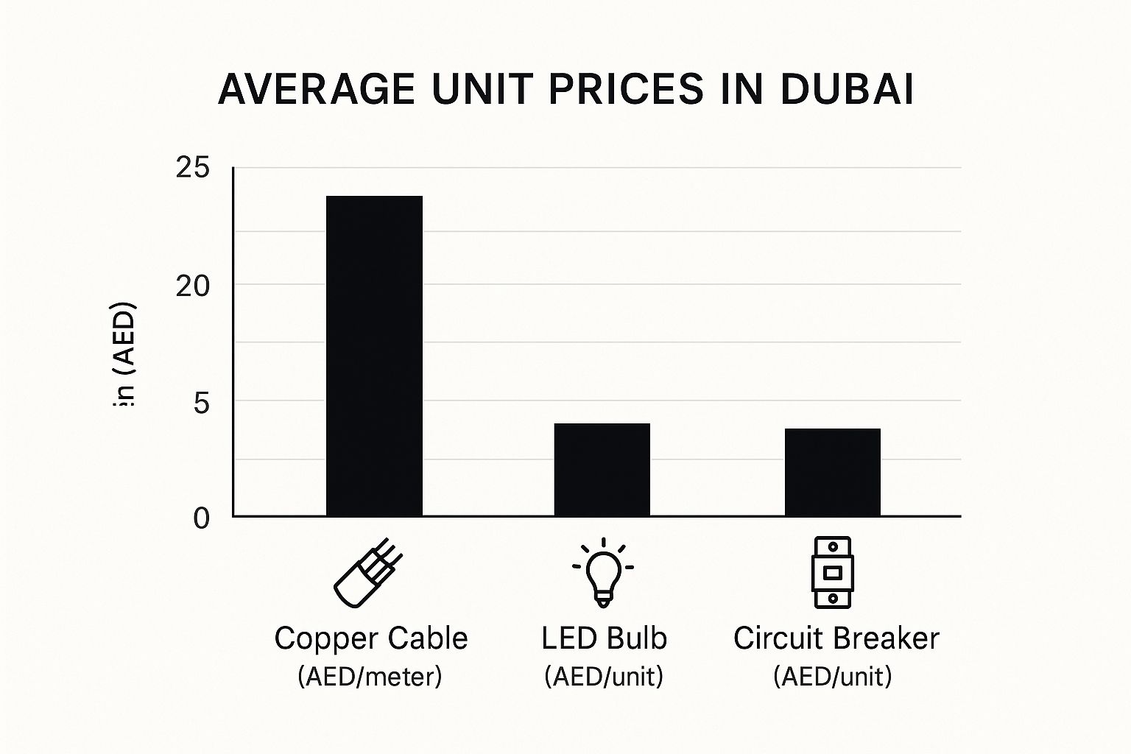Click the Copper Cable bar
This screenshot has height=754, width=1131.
(374, 356)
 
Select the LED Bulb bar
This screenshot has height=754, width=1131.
(602, 470)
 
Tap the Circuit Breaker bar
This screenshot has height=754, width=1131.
(832, 472)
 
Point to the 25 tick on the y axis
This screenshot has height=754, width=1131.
(193, 168)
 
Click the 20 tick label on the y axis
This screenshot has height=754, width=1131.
(193, 286)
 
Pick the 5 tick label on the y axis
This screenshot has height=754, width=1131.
(201, 402)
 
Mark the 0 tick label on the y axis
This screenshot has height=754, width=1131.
(201, 518)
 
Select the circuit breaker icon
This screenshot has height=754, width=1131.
(832, 572)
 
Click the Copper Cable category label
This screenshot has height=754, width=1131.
(370, 638)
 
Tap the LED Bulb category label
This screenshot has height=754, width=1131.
(604, 638)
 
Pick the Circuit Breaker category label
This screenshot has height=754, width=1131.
(836, 638)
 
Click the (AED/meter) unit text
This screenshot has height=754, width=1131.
(370, 676)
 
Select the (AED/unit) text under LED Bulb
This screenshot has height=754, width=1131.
(604, 676)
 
